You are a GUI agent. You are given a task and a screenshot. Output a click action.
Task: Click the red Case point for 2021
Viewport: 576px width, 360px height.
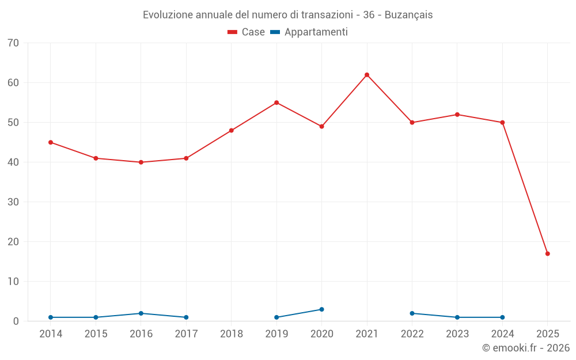[x=367, y=75]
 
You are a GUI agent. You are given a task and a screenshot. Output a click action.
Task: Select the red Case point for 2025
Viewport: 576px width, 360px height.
[x=548, y=253]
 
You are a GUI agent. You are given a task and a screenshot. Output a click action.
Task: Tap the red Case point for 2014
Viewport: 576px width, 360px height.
[x=51, y=142]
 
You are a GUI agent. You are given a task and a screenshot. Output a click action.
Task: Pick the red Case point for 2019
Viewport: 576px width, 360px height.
[x=276, y=103]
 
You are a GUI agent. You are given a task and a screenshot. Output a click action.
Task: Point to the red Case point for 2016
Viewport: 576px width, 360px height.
[x=141, y=162]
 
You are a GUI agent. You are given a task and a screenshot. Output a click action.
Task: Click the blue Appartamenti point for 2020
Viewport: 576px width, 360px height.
[x=322, y=309]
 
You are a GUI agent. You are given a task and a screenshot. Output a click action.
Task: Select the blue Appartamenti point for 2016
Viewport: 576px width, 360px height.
[x=141, y=313]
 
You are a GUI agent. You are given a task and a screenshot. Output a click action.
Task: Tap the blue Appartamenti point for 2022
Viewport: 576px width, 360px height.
[x=412, y=313]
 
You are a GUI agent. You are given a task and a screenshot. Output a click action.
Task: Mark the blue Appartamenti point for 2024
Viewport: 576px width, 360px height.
[x=503, y=317]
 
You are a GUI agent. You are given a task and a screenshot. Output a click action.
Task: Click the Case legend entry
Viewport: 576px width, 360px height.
[x=247, y=32]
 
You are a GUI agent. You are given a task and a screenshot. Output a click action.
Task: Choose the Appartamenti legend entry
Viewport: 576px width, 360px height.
[x=309, y=32]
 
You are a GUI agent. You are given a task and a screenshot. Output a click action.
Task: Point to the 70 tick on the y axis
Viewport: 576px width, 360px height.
[x=13, y=43]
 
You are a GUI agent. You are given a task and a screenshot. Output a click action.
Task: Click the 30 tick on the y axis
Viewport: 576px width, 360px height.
[x=13, y=202]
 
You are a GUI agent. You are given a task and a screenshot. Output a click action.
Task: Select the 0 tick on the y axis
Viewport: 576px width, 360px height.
[x=16, y=321]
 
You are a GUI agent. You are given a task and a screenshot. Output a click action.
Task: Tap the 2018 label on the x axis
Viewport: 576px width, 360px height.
[x=232, y=334]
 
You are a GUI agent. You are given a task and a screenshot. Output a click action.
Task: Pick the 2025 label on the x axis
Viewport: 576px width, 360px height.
[x=548, y=334]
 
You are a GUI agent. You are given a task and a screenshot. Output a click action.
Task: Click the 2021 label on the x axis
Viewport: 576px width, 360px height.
[x=367, y=334]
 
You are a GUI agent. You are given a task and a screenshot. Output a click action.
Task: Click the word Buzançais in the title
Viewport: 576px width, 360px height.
[x=408, y=15]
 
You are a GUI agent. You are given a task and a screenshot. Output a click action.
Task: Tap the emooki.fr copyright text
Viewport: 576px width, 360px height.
[x=526, y=348]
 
